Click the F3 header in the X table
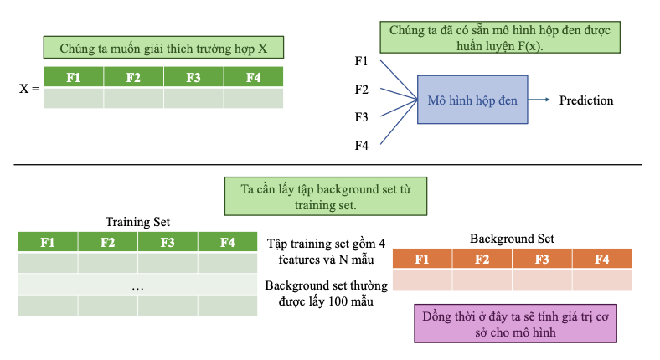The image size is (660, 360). coord(193,78)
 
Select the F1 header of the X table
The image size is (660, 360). coord(74,78)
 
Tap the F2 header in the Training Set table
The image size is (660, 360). coord(108,243)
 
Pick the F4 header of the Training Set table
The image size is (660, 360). coord(227,243)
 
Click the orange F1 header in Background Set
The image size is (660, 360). coord(422,259)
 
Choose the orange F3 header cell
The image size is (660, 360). coord(542,259)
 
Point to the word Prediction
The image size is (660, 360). coord(586,100)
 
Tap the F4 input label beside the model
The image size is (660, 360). coord(362,146)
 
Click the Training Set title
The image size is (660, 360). coord(137,222)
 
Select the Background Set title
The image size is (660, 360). coord(512,239)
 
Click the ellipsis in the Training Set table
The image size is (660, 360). coord(138,285)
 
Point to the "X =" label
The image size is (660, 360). coord(29,87)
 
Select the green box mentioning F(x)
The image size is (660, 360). coord(501,38)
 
